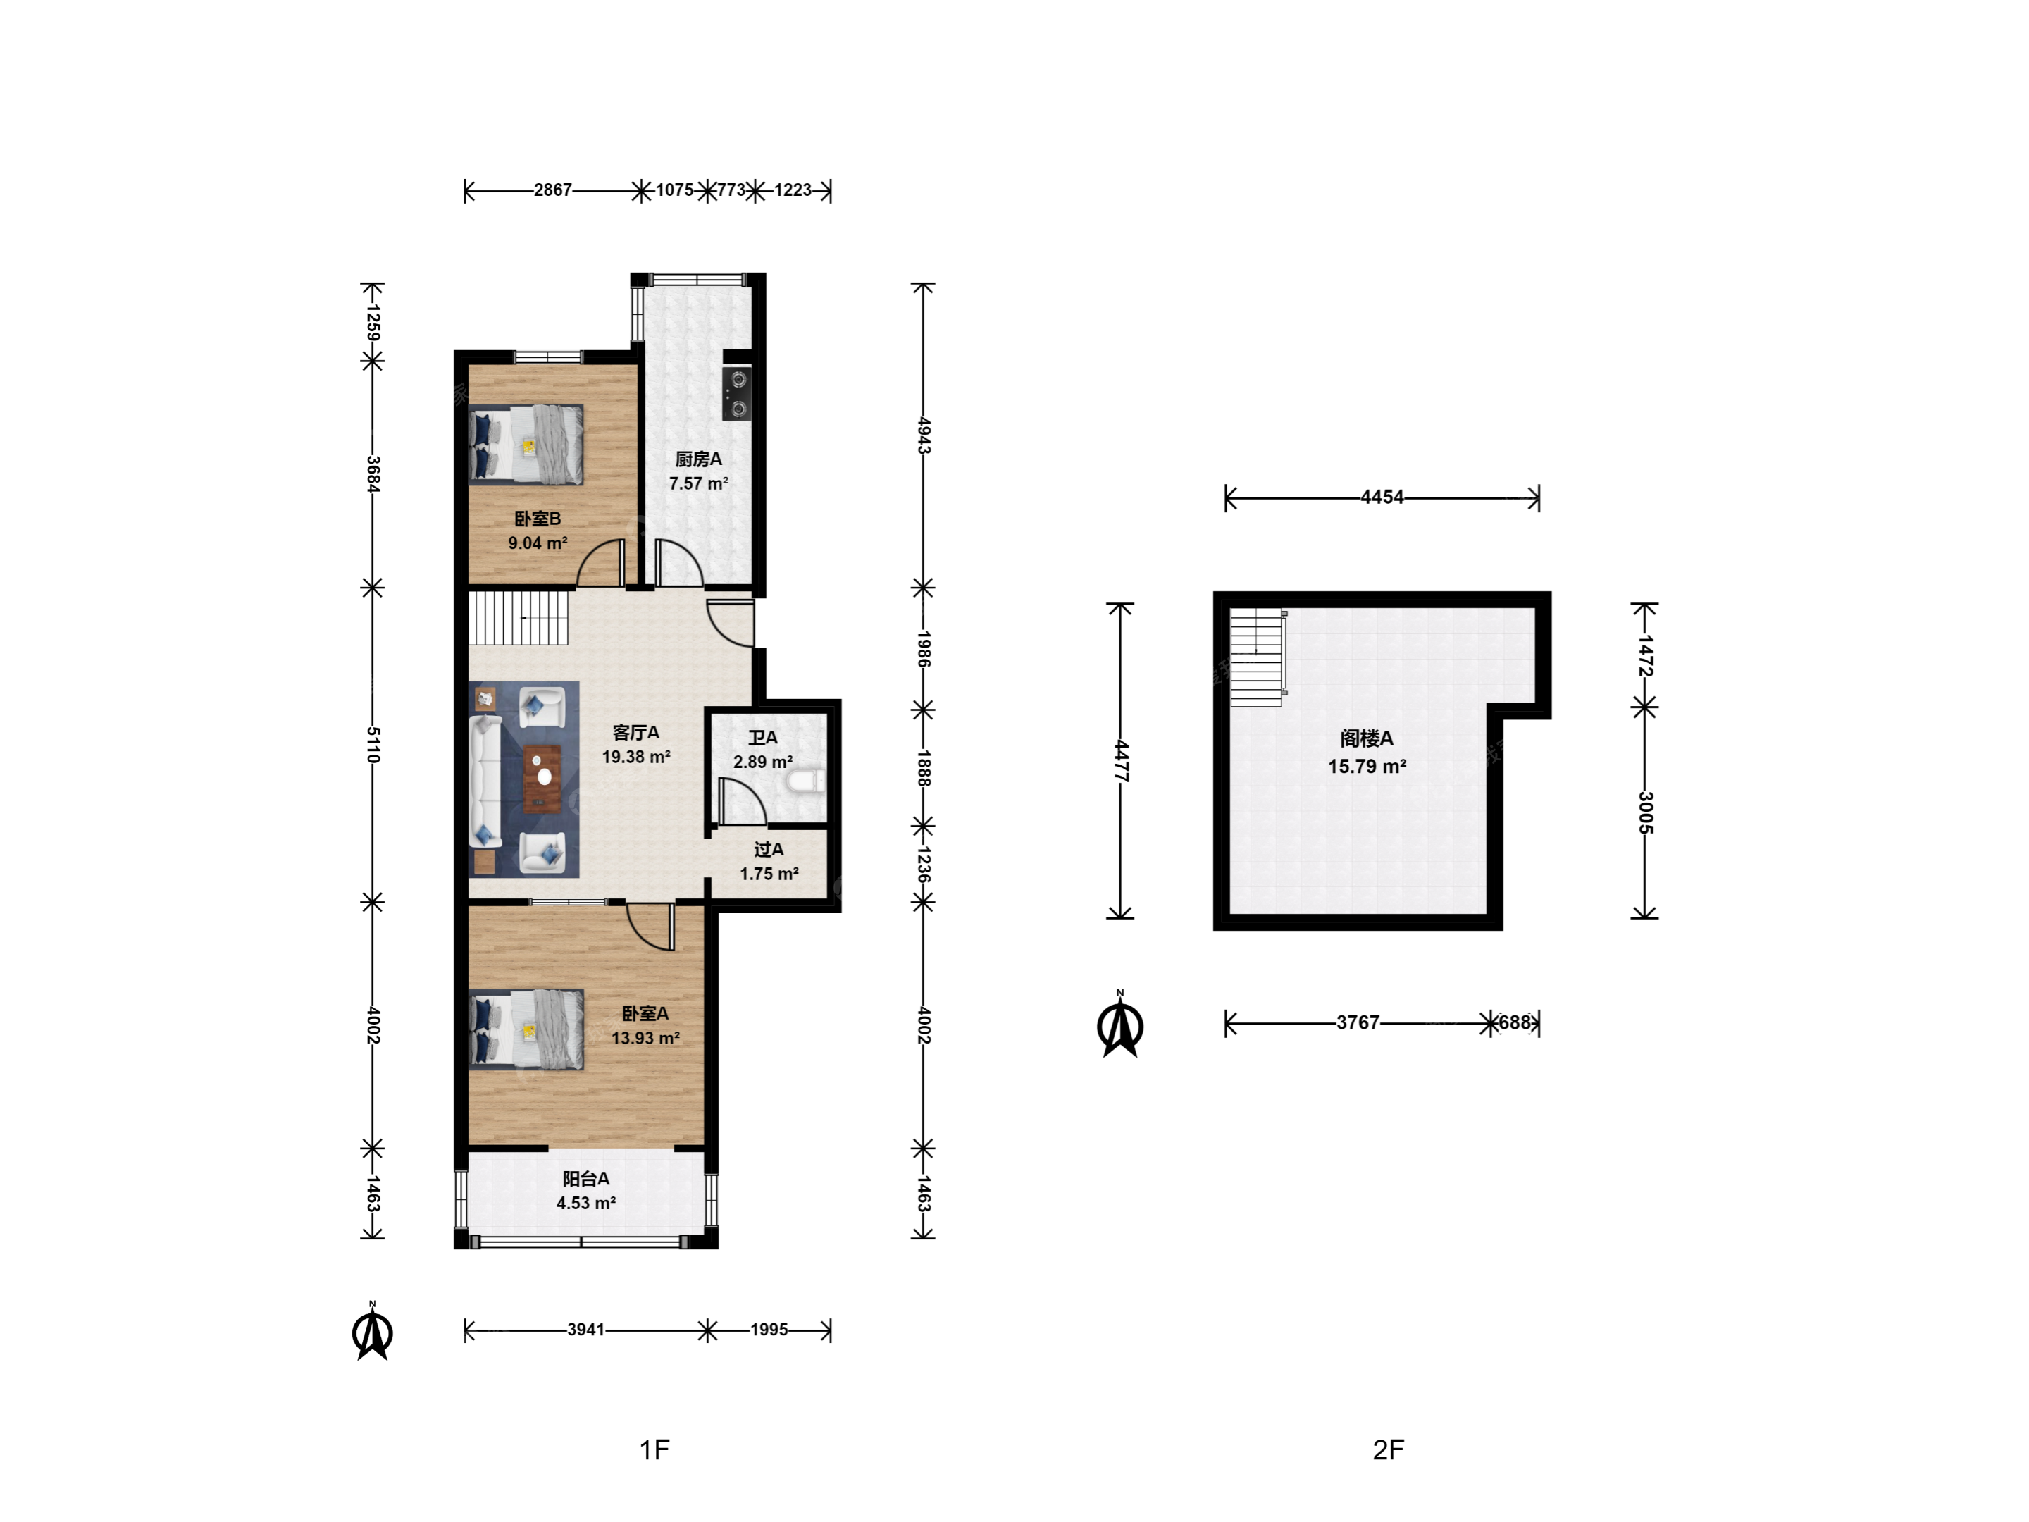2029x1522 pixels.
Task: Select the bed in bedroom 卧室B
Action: click(526, 445)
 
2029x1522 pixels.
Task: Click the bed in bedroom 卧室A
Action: click(526, 1029)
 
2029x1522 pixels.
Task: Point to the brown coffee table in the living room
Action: click(542, 779)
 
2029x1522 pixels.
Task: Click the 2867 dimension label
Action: click(553, 190)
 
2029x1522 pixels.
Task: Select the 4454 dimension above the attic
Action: click(1382, 497)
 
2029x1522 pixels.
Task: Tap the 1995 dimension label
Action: click(769, 1330)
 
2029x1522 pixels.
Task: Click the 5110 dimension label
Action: click(373, 745)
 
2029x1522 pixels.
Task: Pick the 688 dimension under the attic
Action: click(1515, 1022)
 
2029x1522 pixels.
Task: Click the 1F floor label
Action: click(655, 1449)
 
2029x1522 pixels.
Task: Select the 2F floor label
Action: click(1389, 1449)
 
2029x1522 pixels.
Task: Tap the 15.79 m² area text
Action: click(1367, 766)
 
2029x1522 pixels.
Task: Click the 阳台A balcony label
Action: click(586, 1179)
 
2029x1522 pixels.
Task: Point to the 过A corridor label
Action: click(769, 850)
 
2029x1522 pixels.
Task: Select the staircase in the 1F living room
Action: click(519, 617)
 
